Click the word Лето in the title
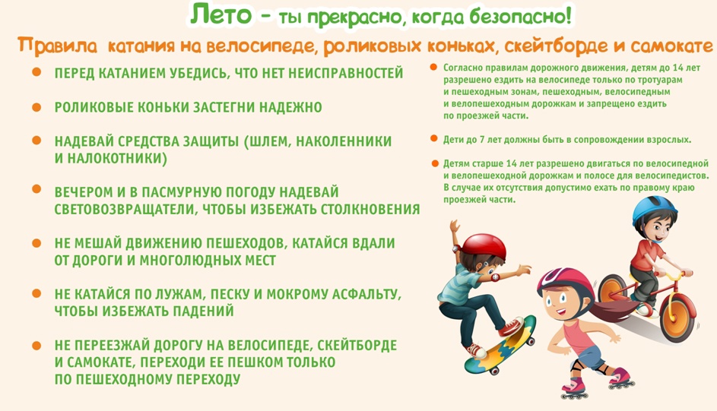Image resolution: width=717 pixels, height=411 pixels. pyautogui.click(x=220, y=14)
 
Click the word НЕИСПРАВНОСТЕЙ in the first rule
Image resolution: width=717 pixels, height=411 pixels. pyautogui.click(x=346, y=73)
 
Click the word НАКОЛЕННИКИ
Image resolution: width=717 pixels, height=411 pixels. pyautogui.click(x=344, y=141)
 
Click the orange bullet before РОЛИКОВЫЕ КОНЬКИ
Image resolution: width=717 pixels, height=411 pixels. pyautogui.click(x=36, y=107)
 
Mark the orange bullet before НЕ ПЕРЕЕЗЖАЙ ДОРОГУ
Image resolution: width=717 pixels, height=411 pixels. pyautogui.click(x=36, y=346)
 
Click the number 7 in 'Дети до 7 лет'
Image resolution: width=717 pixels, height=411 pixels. pyautogui.click(x=482, y=140)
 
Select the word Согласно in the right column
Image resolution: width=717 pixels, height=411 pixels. pyautogui.click(x=461, y=68)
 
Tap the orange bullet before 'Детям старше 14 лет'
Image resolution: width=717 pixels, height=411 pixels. pyautogui.click(x=435, y=163)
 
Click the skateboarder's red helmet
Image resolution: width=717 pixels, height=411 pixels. pyautogui.click(x=483, y=247)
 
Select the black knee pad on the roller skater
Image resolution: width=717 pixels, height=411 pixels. pyautogui.click(x=576, y=365)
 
